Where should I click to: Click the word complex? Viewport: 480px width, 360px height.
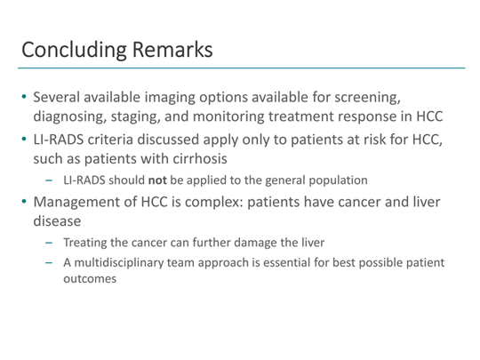[x=220, y=212]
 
